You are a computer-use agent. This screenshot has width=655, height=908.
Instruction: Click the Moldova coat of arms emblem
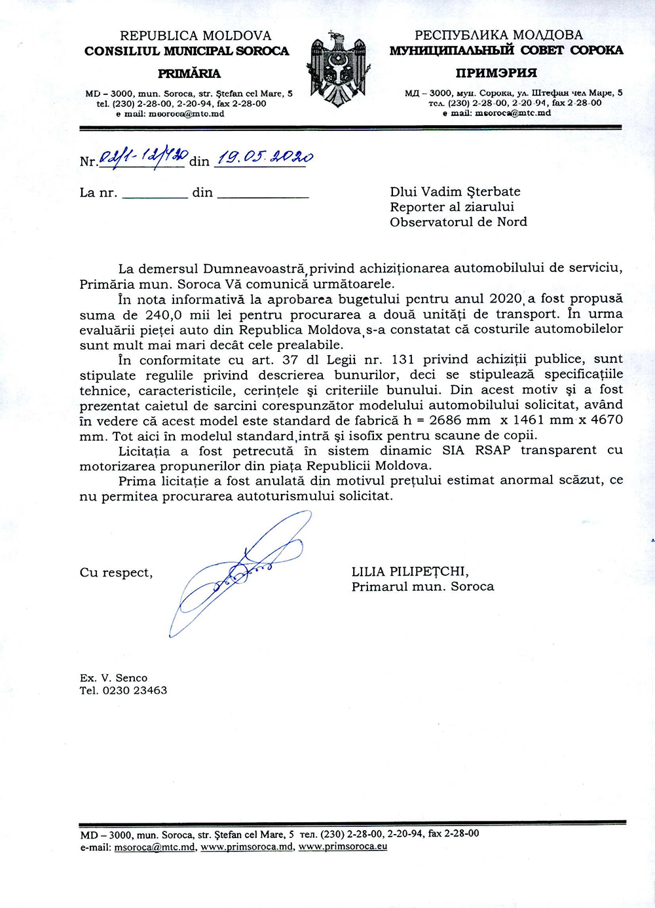click(339, 69)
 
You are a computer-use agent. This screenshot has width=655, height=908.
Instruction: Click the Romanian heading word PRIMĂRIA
click(189, 73)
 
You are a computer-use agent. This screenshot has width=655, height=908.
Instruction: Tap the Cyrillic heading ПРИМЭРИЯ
click(496, 73)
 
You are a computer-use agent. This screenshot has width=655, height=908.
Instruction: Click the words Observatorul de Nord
click(458, 222)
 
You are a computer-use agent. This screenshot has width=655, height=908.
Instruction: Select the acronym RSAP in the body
click(493, 451)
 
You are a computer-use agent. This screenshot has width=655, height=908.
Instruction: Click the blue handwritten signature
click(242, 570)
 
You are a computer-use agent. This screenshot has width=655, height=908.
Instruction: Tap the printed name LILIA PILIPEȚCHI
click(410, 572)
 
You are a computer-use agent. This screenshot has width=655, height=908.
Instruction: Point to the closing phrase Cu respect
click(116, 573)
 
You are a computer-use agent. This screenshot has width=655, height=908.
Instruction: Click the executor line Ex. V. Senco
click(113, 678)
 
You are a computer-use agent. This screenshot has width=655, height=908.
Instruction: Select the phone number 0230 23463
click(135, 690)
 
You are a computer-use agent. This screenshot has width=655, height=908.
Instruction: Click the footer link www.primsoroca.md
click(247, 846)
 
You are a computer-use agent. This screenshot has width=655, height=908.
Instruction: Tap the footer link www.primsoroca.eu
click(343, 846)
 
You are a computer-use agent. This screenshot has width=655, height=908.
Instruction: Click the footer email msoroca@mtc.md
click(155, 846)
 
